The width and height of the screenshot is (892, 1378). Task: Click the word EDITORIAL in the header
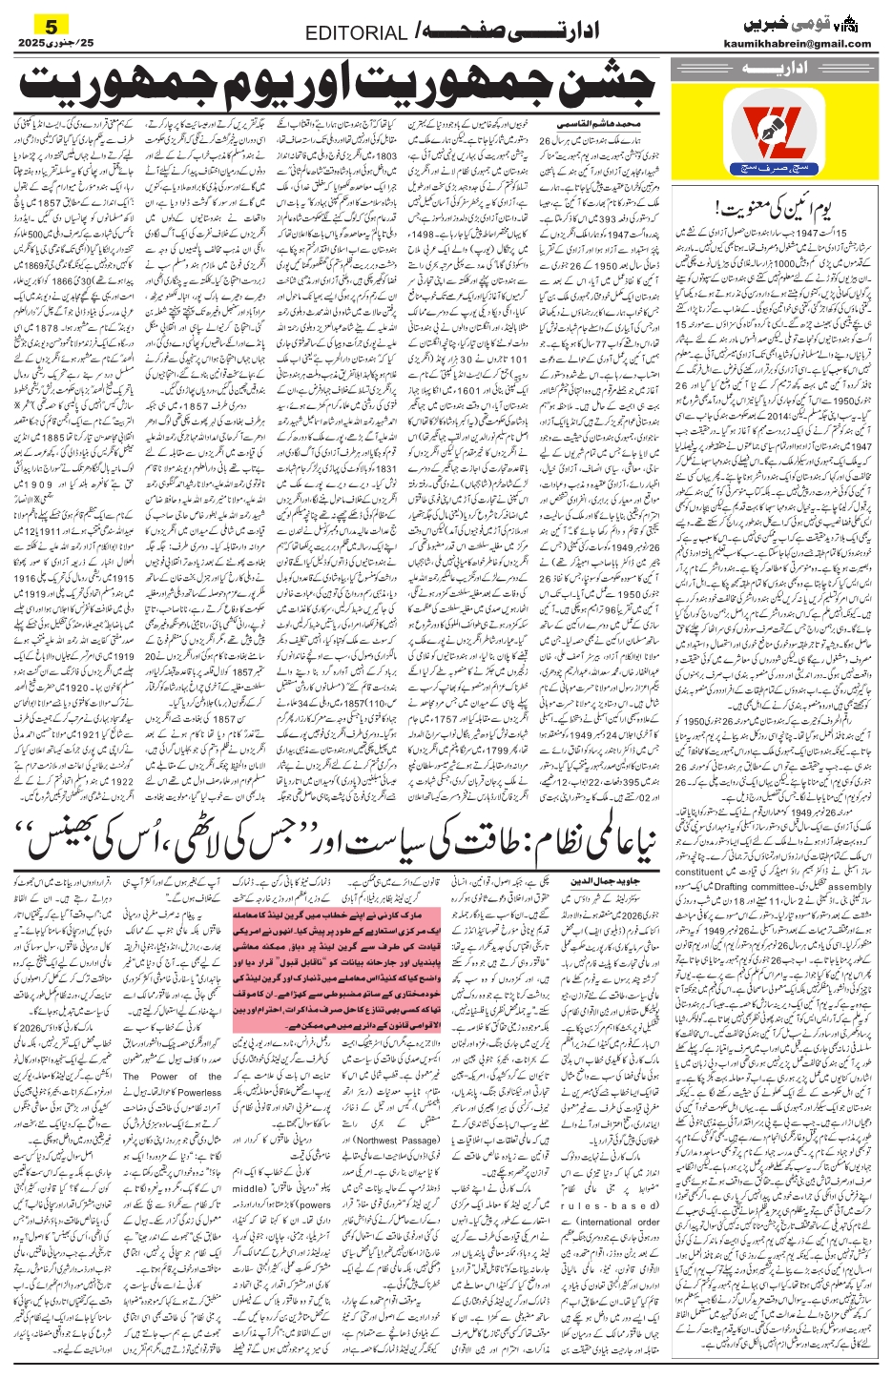tap(356, 33)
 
